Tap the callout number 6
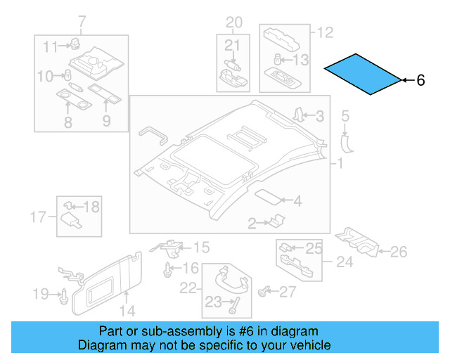[421, 81]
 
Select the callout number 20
[233, 22]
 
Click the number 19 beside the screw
[41, 292]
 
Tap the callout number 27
[288, 292]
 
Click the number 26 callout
[399, 250]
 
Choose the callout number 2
[252, 224]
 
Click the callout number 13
[300, 60]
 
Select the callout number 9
[106, 122]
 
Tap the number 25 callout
[314, 247]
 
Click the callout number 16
[191, 268]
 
